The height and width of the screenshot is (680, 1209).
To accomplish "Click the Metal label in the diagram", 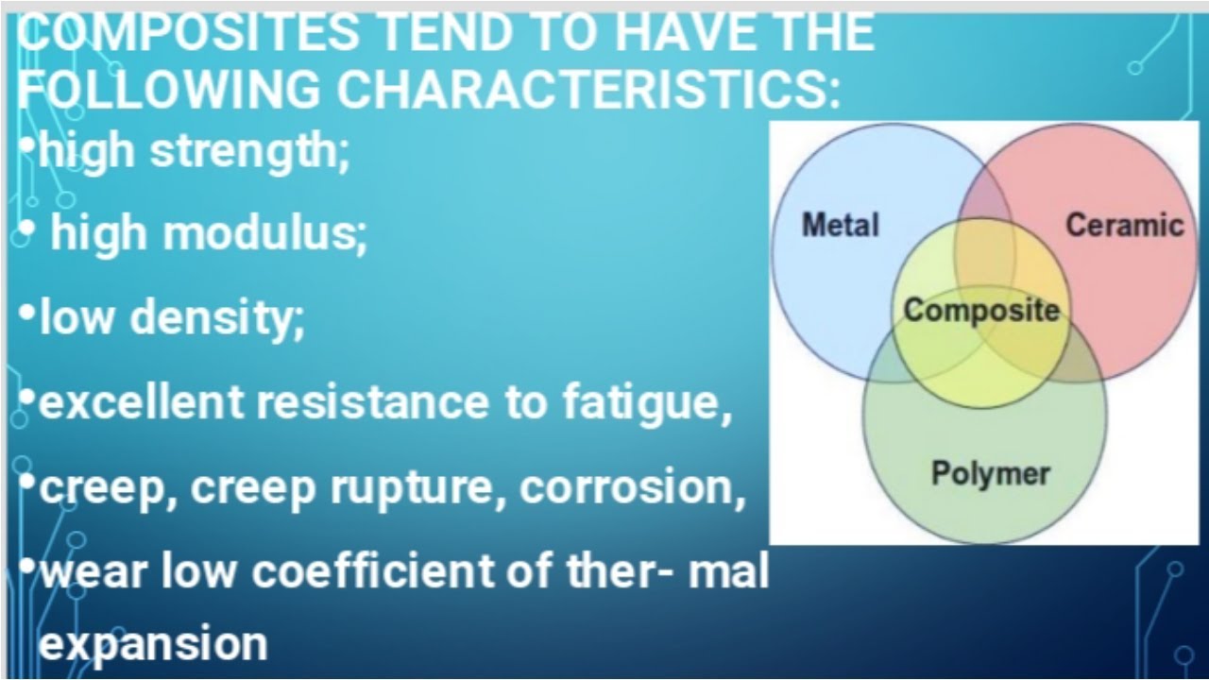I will (840, 225).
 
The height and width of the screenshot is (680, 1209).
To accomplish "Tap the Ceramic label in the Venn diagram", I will (1124, 225).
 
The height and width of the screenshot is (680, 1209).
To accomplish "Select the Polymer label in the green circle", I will (990, 472).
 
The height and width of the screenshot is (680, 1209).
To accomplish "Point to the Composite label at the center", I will (981, 310).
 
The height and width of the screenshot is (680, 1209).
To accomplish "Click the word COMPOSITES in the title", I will (189, 32).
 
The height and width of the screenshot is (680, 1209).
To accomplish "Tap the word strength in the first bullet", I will (249, 151).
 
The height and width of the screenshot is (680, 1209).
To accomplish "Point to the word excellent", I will (142, 402).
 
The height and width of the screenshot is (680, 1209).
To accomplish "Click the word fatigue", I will (648, 402).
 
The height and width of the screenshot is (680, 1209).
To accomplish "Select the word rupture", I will (417, 487).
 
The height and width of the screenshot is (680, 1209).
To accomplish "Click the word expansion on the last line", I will (153, 644).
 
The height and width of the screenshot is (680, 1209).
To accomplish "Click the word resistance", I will (368, 402).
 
